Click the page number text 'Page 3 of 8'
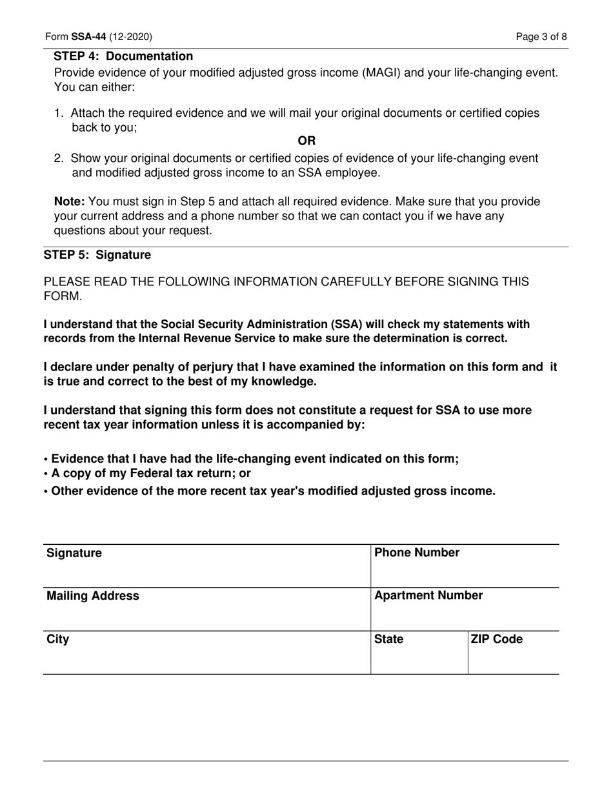click(x=541, y=37)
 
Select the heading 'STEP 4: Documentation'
click(x=123, y=57)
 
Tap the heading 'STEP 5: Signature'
click(x=97, y=255)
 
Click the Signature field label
click(x=74, y=553)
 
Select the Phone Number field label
click(x=417, y=553)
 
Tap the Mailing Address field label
click(x=92, y=596)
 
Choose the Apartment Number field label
click(x=428, y=596)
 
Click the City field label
click(x=57, y=640)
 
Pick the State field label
click(x=388, y=640)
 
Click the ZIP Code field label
click(x=496, y=640)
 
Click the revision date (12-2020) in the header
click(x=131, y=37)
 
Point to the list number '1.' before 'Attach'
click(x=59, y=114)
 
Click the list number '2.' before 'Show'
click(x=59, y=158)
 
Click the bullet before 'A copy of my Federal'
click(x=46, y=474)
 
